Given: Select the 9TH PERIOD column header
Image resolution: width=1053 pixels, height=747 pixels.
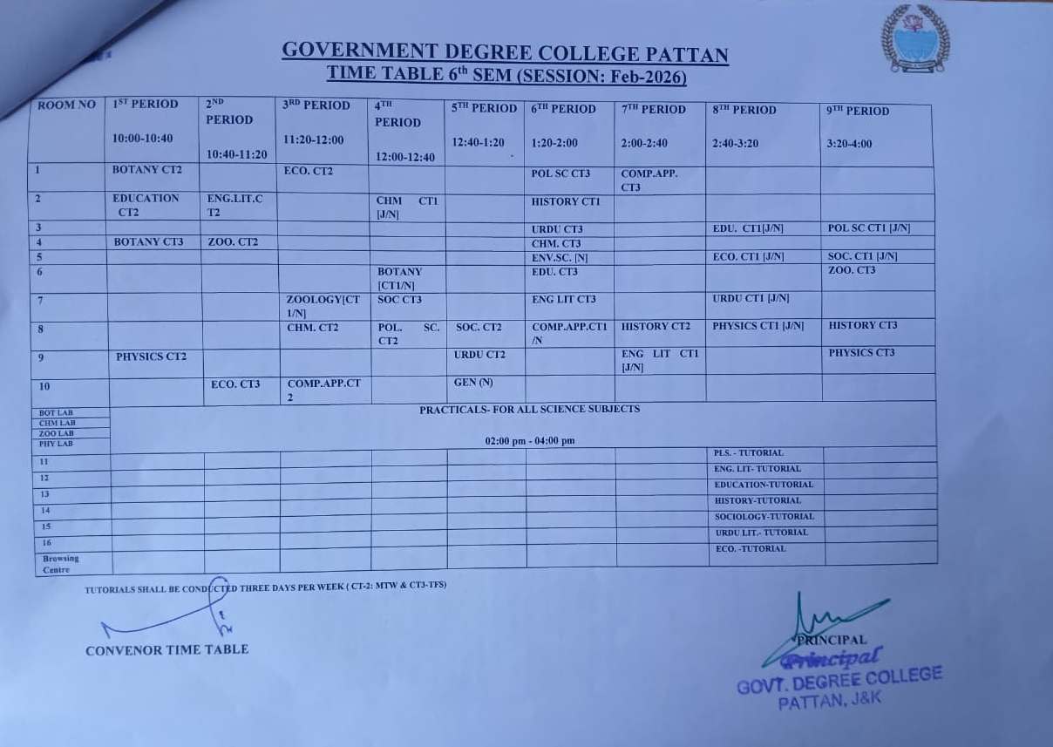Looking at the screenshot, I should pyautogui.click(x=858, y=112).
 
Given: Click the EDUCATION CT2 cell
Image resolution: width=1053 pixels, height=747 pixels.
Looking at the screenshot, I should pyautogui.click(x=146, y=205).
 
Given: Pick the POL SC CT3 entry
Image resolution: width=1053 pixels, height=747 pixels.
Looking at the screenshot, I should pyautogui.click(x=560, y=173).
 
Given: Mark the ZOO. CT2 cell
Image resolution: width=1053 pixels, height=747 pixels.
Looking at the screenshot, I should pyautogui.click(x=233, y=241).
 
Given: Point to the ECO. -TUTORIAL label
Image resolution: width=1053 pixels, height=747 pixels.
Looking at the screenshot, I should pyautogui.click(x=750, y=549).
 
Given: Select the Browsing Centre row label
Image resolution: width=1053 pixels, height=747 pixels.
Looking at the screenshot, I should pyautogui.click(x=61, y=564).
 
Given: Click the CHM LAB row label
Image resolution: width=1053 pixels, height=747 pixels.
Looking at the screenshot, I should pyautogui.click(x=58, y=423).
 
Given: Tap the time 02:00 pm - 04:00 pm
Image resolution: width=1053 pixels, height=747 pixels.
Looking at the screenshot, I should pyautogui.click(x=530, y=441).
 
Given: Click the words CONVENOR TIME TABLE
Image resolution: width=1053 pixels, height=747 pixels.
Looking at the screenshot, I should pyautogui.click(x=166, y=649).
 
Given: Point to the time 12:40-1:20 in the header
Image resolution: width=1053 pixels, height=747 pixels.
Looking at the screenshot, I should pyautogui.click(x=478, y=143).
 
